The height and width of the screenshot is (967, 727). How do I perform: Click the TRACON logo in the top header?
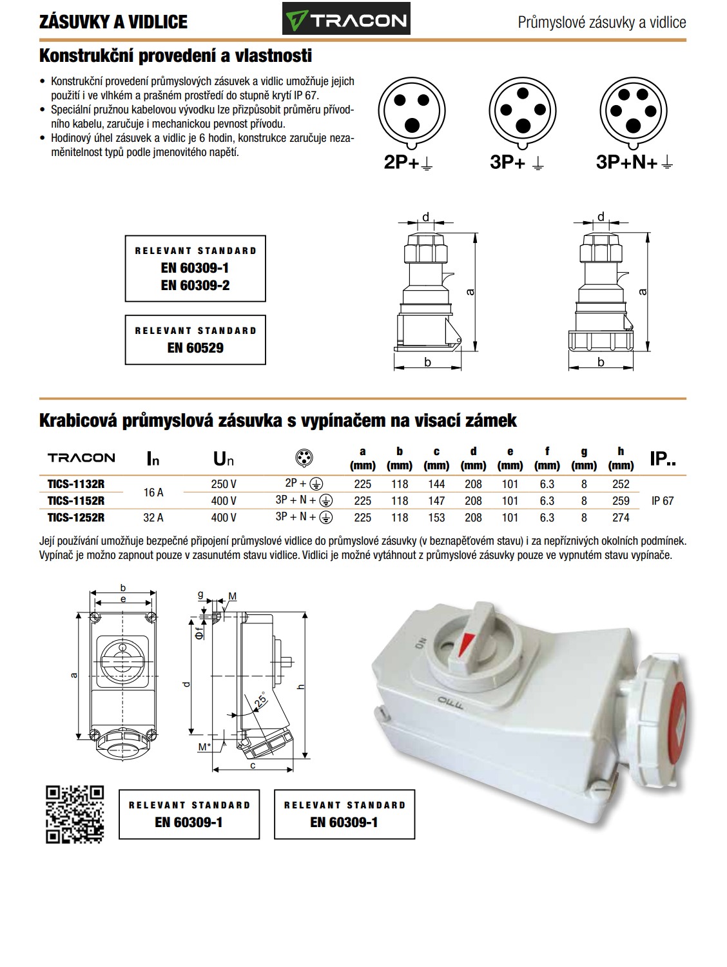click(x=346, y=21)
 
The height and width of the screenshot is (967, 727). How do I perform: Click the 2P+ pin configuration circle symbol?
click(x=411, y=111)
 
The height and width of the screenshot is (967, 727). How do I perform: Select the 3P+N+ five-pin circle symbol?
click(x=633, y=111)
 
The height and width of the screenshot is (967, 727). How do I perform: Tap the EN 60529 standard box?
click(x=195, y=340)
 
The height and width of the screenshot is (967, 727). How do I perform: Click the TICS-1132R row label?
click(x=75, y=484)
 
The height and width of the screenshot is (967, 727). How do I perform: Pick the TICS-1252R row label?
click(x=75, y=517)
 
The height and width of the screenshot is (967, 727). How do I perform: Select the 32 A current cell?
click(x=153, y=517)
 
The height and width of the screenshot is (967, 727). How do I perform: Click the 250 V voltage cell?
click(x=224, y=484)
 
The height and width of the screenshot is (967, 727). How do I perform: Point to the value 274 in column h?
click(x=621, y=517)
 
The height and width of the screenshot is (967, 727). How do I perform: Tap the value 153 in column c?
click(x=436, y=517)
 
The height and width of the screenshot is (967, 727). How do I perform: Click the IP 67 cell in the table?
click(x=663, y=501)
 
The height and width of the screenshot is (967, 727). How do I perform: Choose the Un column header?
click(x=224, y=459)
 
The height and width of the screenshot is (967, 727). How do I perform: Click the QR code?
click(x=75, y=814)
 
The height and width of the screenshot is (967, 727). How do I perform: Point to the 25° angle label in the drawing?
click(x=260, y=699)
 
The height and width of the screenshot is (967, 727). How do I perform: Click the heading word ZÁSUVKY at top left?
click(x=70, y=22)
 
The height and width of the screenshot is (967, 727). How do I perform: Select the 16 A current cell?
click(x=153, y=493)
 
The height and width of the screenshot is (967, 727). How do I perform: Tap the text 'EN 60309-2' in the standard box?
click(x=195, y=285)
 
